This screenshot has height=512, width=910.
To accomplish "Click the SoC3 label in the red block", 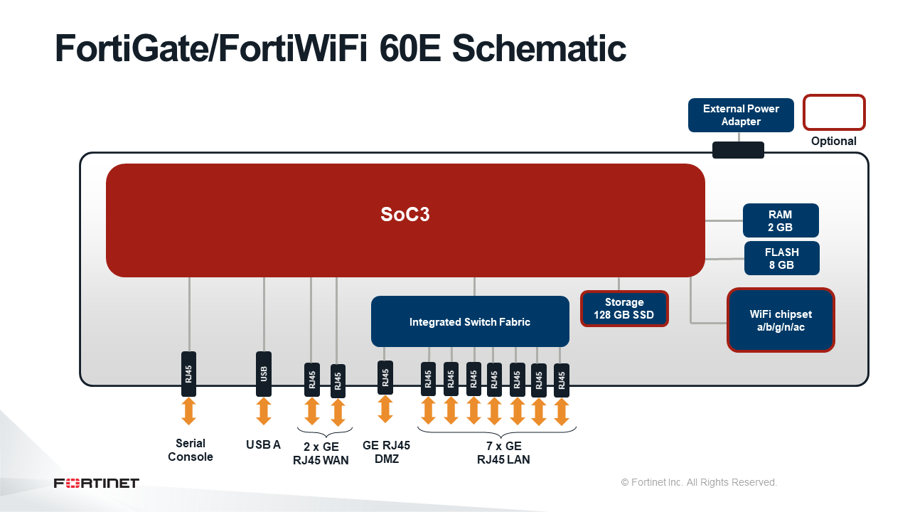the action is tap(405, 214).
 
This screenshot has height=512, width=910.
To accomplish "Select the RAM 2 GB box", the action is tap(781, 220).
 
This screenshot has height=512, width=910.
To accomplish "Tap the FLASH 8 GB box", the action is tap(781, 258).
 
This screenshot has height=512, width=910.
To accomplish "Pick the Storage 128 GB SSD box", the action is tap(624, 309).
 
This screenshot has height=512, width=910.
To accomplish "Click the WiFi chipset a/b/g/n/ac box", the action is tap(781, 320).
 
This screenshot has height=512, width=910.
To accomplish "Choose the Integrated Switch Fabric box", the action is tap(470, 321).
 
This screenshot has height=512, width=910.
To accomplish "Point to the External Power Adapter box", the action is tap(741, 115).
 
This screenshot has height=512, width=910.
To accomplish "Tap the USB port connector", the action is tap(264, 374).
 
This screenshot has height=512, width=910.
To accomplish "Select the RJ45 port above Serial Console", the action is tap(188, 374).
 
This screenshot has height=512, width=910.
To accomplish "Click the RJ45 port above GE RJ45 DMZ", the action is tap(385, 378).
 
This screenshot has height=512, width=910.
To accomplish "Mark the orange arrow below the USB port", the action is tap(264, 411).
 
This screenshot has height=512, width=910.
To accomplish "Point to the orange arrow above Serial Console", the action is tap(188, 411).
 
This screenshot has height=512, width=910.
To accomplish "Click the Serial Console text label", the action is tap(190, 450).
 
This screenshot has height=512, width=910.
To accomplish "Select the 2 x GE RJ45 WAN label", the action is tap(321, 454).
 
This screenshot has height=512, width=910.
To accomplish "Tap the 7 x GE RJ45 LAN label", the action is tap(503, 453).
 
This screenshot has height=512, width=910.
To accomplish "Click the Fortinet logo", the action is tap(96, 483).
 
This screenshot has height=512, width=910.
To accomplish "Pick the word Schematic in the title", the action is tap(539, 48).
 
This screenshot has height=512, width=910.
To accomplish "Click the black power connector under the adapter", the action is tap(738, 150).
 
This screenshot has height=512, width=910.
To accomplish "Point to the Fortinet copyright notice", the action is tap(699, 482).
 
